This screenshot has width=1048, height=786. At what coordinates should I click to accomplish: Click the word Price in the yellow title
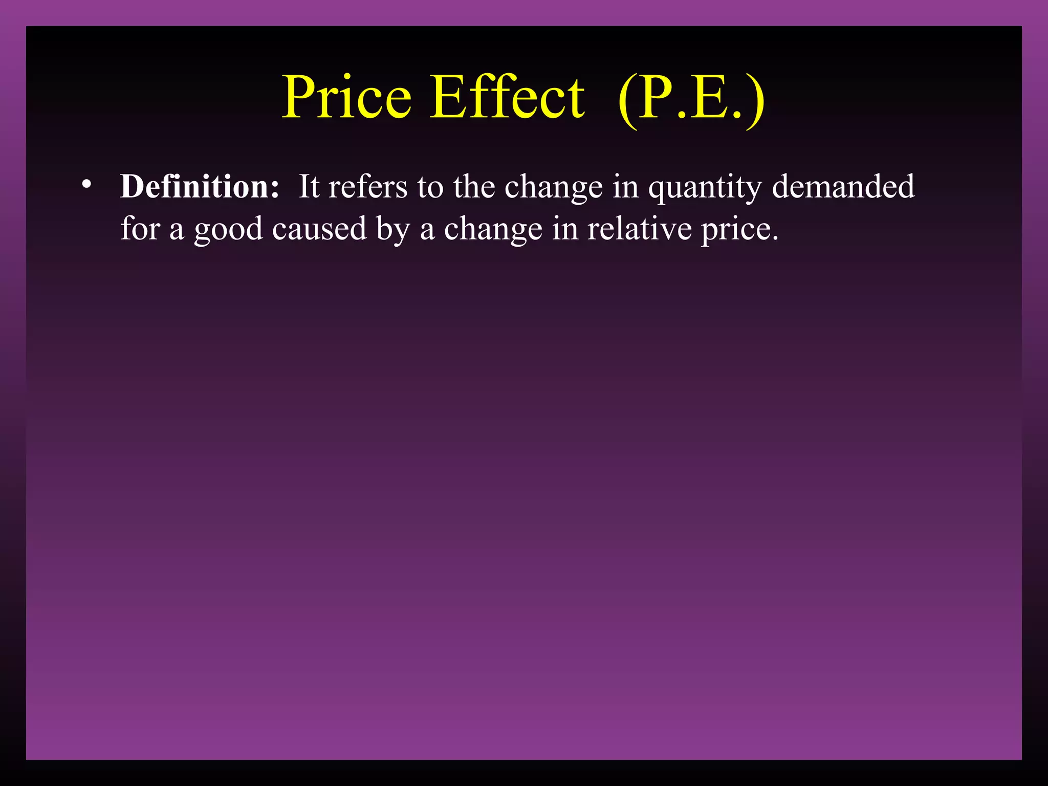point(347,97)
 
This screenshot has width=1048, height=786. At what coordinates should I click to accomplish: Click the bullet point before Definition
point(86,184)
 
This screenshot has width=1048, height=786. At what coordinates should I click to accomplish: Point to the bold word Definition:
point(200,186)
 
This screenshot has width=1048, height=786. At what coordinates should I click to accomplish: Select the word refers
point(368,186)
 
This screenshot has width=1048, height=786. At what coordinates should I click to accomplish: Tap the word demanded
point(843,186)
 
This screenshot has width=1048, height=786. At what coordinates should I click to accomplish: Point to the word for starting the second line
point(140,228)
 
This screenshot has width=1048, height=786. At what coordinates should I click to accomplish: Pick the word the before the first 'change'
point(474,186)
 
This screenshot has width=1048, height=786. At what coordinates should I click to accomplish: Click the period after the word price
point(775,237)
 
